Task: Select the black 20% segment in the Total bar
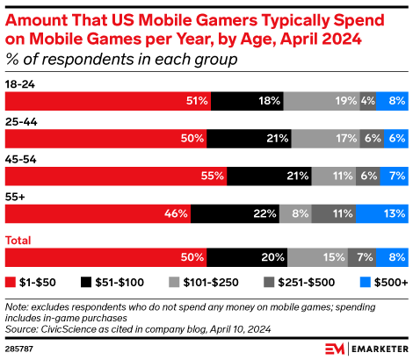(247, 257)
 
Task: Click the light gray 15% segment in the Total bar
(317, 257)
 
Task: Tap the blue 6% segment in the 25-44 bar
(395, 139)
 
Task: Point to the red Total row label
(19, 240)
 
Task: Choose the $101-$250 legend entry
(207, 283)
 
